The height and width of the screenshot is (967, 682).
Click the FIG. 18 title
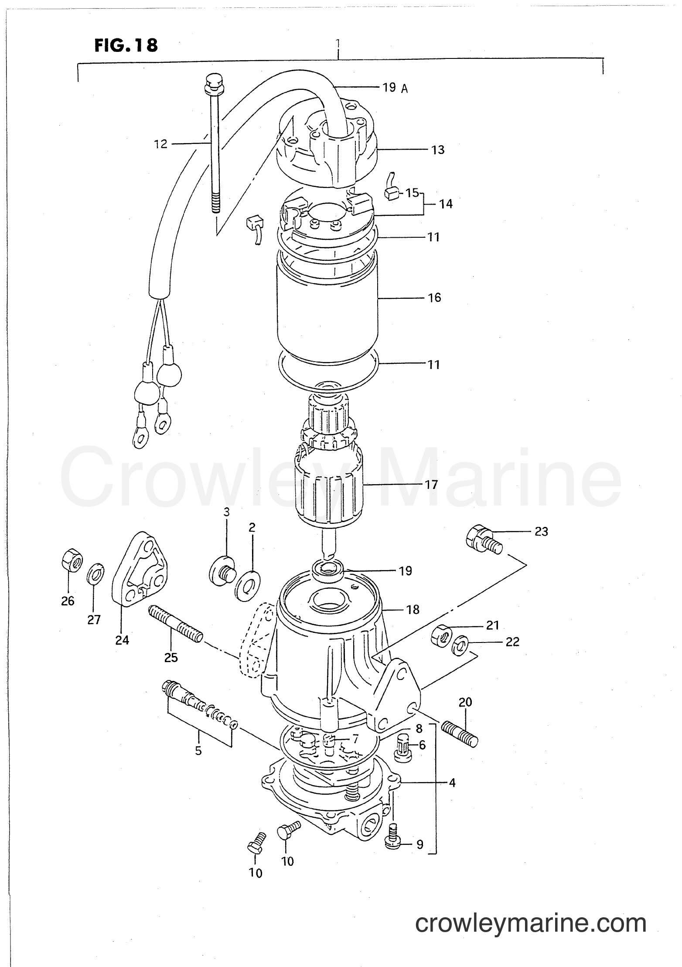click(126, 45)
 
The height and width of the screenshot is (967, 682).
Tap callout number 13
click(438, 150)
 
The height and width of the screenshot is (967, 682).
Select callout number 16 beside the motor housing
click(434, 298)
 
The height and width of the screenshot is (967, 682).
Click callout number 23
click(541, 532)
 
